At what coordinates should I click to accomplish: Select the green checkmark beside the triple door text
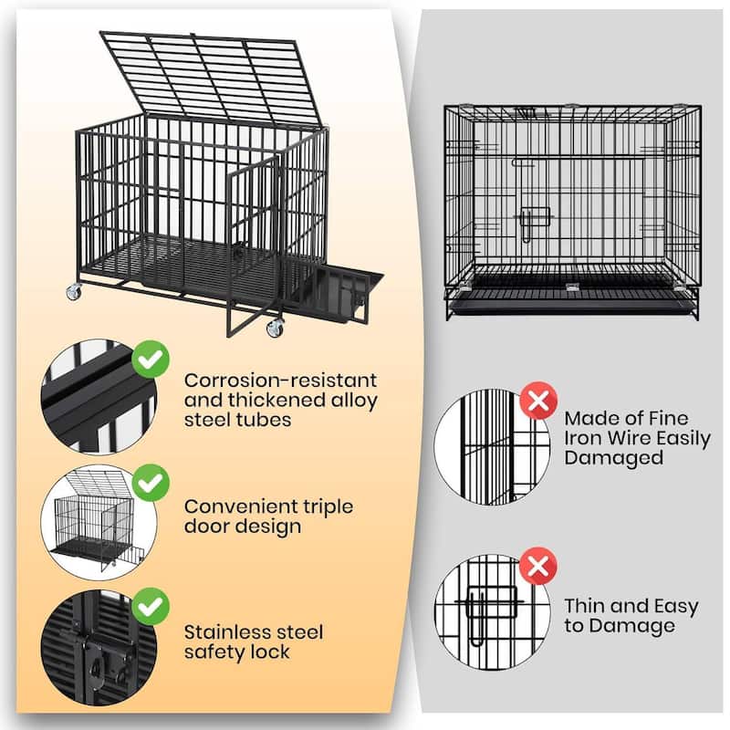pos(151,482)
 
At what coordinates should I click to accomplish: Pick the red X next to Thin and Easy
pos(538,566)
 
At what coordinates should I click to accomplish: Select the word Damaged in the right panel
pos(613,458)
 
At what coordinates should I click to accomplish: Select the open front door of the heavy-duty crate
pos(253,242)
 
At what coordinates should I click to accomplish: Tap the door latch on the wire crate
pos(535,223)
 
